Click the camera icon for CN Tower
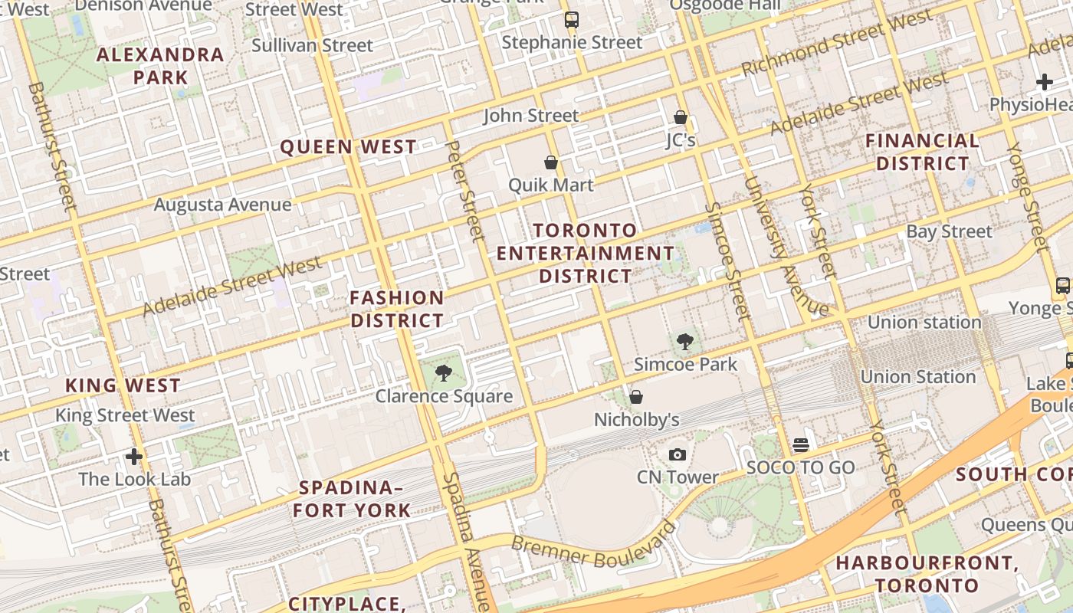coord(677,455)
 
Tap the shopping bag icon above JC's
coord(680,117)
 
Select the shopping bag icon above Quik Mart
coord(550,162)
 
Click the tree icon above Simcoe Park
coord(685,342)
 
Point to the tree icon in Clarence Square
coord(443,374)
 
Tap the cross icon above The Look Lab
coord(134,457)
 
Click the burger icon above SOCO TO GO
coord(801,444)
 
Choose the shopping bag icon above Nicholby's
coord(636,397)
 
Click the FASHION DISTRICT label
coord(397,309)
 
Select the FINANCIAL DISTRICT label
coord(922,152)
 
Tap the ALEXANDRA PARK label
coord(161,66)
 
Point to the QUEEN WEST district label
coord(349,147)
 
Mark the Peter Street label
coord(465,189)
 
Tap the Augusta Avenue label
coord(222,205)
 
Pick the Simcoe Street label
coord(727,261)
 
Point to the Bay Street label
coord(949,231)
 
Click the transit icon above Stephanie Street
coord(572,20)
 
